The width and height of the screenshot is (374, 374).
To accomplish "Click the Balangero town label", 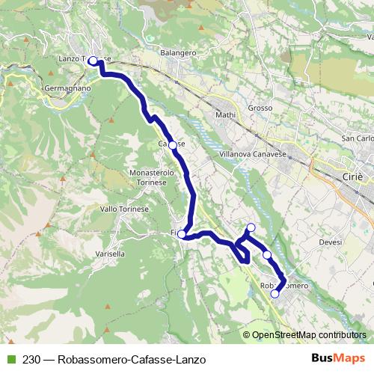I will [177, 53].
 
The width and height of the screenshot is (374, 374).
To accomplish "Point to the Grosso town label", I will [260, 108].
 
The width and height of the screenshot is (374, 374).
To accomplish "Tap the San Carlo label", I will [357, 138].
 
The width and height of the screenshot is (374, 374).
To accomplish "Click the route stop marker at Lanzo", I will [93, 61].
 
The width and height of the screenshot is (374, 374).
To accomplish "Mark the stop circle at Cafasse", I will [172, 144].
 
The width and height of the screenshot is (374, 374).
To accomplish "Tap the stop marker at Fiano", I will [182, 234].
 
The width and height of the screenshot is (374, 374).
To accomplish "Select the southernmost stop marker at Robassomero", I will [275, 294].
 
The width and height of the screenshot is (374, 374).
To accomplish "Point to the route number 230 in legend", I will [31, 357].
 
